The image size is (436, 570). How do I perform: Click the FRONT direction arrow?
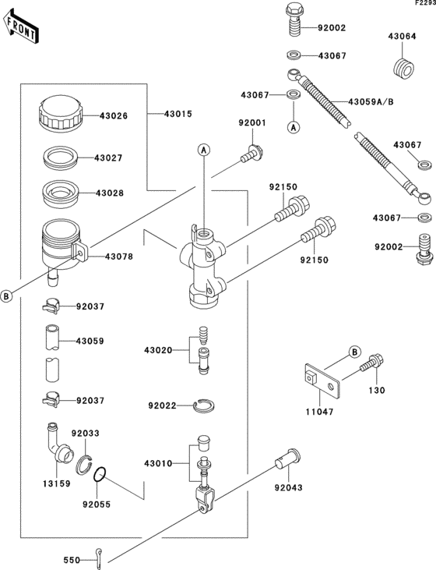coord(20,26)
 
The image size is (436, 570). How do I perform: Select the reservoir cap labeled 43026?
coord(60,113)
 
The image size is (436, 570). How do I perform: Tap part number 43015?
coord(178,114)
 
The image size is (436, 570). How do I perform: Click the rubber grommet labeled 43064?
coord(403,68)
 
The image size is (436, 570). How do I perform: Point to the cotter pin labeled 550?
coord(100,560)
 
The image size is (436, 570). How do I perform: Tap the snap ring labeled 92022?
coord(203,405)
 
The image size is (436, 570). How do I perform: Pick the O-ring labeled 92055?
coord(100,474)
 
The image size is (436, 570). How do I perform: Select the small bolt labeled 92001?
coord(251,154)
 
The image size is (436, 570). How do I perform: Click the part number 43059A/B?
coord(371,102)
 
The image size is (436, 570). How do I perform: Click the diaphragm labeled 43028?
coord(61,193)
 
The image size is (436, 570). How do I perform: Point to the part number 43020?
coord(158,350)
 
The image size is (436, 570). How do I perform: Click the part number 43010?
coord(158,463)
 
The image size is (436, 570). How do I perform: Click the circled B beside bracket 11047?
coord(355,352)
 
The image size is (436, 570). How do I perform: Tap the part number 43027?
coord(108,158)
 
